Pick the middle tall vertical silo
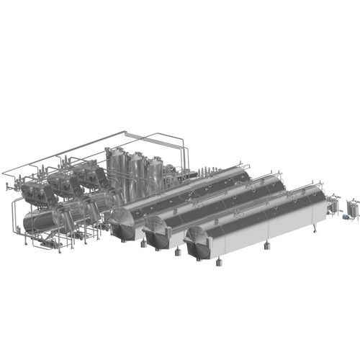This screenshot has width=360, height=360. pyautogui.click(x=135, y=171)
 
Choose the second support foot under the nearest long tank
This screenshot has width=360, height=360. pyautogui.click(x=268, y=248)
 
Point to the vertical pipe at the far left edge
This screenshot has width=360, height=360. pyautogui.click(x=13, y=216)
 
